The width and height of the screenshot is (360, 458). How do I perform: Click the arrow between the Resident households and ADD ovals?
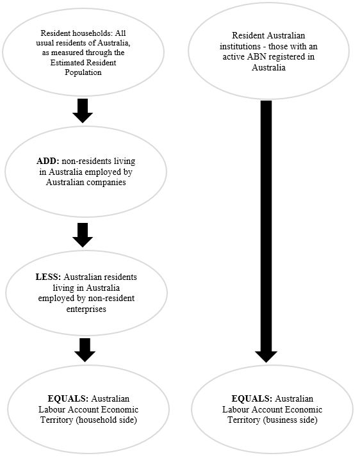83,111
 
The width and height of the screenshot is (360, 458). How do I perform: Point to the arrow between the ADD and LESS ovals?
83,234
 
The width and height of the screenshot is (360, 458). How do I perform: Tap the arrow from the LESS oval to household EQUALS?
83,349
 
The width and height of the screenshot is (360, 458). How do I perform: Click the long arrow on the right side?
266,231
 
